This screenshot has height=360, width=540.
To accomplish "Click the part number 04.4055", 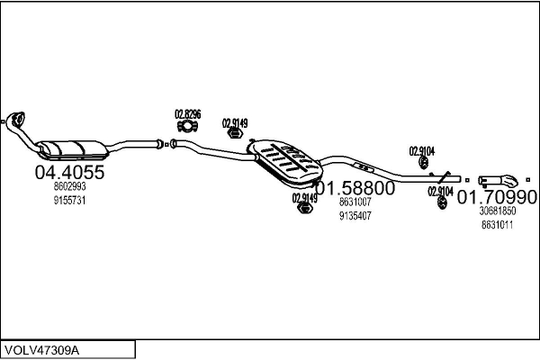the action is point(69,172).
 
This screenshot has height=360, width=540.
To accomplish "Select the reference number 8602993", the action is point(69,186).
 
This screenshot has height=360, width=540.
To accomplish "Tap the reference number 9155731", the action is point(69,200).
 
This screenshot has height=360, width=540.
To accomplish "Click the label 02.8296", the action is point(188,114).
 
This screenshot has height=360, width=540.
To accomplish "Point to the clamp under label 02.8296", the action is point(187,126).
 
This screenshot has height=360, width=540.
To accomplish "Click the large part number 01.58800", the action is point(355,188).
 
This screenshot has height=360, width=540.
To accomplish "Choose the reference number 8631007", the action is point(355,202).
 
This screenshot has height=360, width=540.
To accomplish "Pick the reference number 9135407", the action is point(355,216).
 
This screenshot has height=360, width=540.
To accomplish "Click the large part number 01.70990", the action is point(497,197).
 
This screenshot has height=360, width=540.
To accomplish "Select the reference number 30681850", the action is point(498,211).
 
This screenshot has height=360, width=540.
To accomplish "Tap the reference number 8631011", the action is point(498,225).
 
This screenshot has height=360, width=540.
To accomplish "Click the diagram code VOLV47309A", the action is point(42,350).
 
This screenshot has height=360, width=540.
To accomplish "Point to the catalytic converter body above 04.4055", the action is point(72,150).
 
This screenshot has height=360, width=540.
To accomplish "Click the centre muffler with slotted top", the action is point(285,163).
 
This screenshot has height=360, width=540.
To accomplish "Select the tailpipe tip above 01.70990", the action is point(499,180).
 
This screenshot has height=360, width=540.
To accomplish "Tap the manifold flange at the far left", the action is point(15,120).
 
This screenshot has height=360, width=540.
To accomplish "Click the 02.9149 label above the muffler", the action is point(235,123).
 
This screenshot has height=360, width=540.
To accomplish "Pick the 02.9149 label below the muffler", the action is point(305,198).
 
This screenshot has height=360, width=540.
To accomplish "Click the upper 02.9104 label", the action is point(422,151).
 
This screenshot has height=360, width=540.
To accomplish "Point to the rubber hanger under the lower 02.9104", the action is point(442,202).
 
